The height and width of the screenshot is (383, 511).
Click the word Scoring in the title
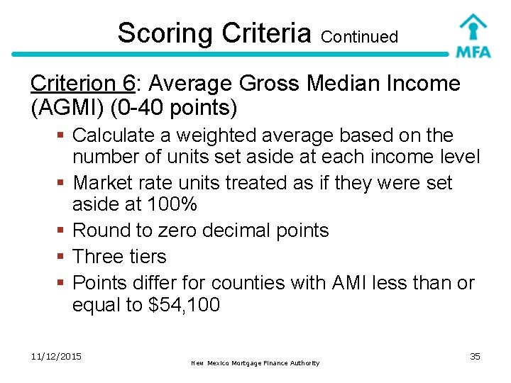point(165,33)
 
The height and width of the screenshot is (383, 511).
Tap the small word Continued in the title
point(359,37)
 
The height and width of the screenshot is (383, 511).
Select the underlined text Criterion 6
point(82,84)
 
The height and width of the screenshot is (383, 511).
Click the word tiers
point(149,256)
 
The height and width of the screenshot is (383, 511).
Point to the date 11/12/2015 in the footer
point(56,356)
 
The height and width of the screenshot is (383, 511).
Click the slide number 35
point(475,356)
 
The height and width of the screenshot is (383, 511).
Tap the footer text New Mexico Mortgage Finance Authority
point(255,363)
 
